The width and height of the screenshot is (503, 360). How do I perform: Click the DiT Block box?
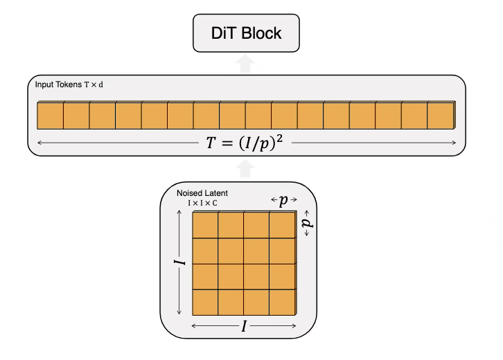(247, 34)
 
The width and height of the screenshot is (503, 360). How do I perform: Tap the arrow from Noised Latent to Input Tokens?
(244, 168)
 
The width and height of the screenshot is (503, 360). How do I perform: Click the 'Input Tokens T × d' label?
(69, 85)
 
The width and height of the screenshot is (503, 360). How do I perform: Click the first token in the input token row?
(50, 115)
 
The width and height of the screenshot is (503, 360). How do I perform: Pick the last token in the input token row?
(441, 115)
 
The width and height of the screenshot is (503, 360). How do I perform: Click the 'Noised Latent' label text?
(202, 192)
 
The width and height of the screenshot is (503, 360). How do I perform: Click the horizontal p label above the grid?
(283, 201)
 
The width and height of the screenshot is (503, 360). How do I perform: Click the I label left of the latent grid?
(179, 263)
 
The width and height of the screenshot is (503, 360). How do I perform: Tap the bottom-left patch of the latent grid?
(205, 301)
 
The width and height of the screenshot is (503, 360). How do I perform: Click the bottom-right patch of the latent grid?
(283, 301)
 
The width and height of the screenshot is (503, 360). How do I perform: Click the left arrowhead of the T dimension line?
(39, 143)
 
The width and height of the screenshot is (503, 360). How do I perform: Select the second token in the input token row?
(76, 115)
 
